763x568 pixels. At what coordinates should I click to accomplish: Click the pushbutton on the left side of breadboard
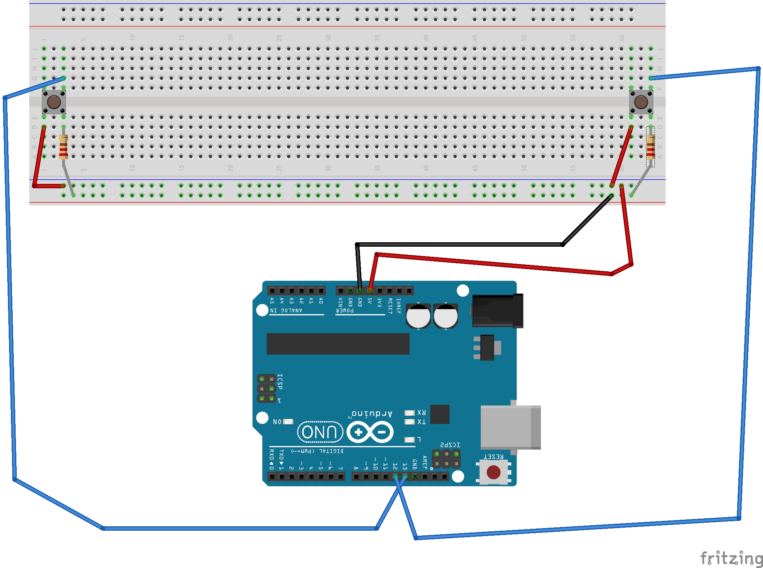pos(54,102)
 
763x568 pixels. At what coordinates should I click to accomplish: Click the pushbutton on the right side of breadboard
pos(641,102)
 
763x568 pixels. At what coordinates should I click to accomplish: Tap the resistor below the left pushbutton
pos(63,147)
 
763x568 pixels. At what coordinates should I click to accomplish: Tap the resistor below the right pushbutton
pos(650,147)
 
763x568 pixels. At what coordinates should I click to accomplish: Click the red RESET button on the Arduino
pos(493,472)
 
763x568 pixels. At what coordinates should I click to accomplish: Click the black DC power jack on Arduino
pos(497,311)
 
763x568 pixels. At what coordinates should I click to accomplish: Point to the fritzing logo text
pos(731,558)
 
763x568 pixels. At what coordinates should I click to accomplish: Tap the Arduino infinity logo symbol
pos(370,432)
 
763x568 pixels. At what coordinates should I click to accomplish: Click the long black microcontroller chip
pos(338,343)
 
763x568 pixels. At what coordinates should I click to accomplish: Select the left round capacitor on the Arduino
pos(418,316)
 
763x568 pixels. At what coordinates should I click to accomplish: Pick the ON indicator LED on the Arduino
pos(288,421)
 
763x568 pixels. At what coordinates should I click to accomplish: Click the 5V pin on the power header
pos(370,291)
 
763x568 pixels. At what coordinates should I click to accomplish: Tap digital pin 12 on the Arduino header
pos(395,477)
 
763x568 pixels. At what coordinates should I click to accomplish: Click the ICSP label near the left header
pos(280,382)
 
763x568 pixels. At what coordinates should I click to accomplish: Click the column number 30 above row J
pos(328,38)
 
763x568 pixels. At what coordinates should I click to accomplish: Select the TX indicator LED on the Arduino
pos(410,421)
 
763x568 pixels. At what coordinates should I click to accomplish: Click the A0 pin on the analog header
pos(321,291)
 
